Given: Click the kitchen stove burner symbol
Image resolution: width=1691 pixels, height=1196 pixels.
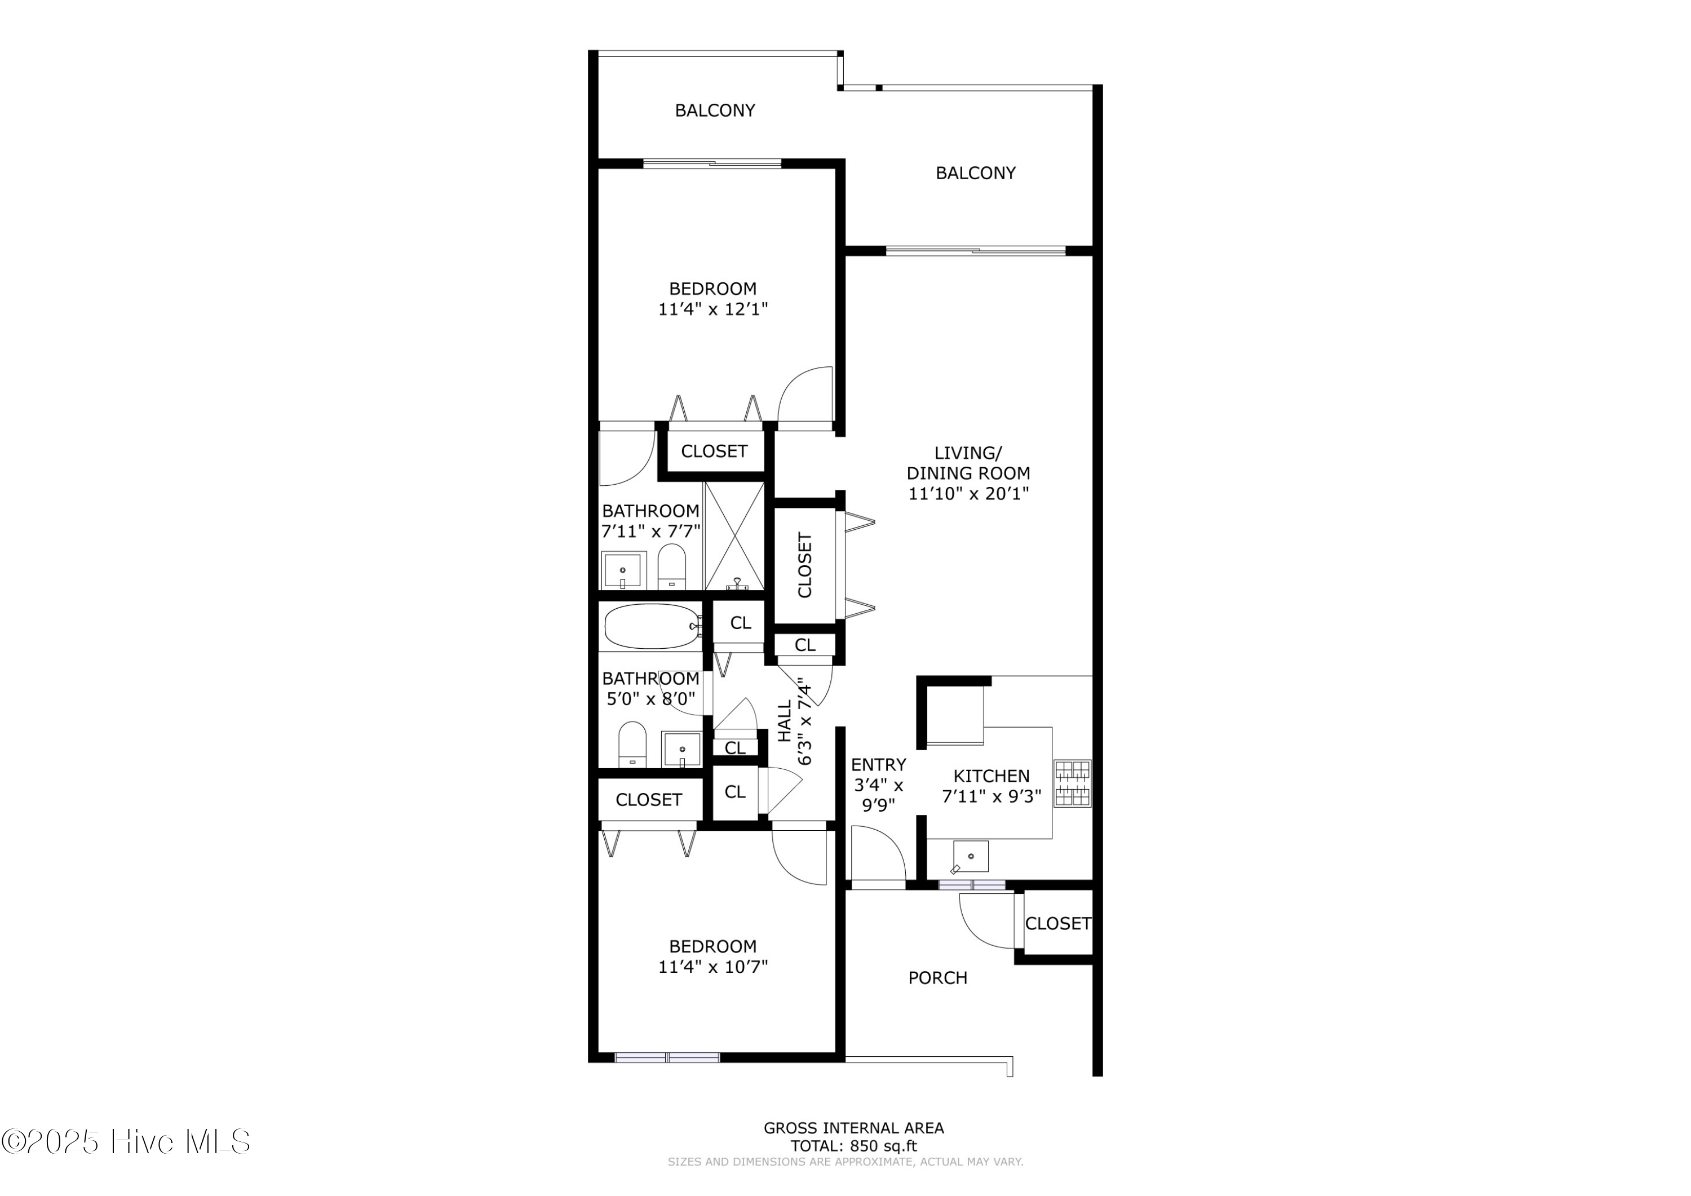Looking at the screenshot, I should (1072, 783).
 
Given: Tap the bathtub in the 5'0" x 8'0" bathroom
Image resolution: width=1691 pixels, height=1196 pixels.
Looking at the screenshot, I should (652, 626).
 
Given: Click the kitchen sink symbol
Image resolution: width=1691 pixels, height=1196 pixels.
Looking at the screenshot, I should (971, 857).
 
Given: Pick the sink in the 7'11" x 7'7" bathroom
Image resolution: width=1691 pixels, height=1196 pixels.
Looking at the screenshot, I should (623, 570).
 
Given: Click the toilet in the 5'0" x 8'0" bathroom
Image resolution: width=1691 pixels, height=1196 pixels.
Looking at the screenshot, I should (632, 745).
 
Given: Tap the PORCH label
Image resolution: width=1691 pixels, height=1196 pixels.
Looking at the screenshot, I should (937, 978).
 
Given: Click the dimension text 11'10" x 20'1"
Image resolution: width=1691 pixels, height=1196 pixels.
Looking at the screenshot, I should (968, 493).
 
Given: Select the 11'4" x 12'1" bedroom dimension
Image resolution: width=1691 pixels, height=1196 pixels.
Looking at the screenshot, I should (712, 309).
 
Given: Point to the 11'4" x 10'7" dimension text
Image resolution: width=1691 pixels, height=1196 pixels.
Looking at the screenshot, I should (712, 967).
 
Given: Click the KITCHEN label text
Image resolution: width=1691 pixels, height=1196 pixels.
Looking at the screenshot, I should (991, 776).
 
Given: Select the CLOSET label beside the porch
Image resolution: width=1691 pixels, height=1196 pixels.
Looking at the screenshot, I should (1057, 924).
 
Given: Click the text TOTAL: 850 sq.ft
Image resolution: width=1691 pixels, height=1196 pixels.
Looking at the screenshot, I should (853, 1146).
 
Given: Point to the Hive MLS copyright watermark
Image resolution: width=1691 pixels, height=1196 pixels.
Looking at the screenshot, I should (126, 1142).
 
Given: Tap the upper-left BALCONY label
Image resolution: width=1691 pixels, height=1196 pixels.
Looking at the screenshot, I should (714, 110).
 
